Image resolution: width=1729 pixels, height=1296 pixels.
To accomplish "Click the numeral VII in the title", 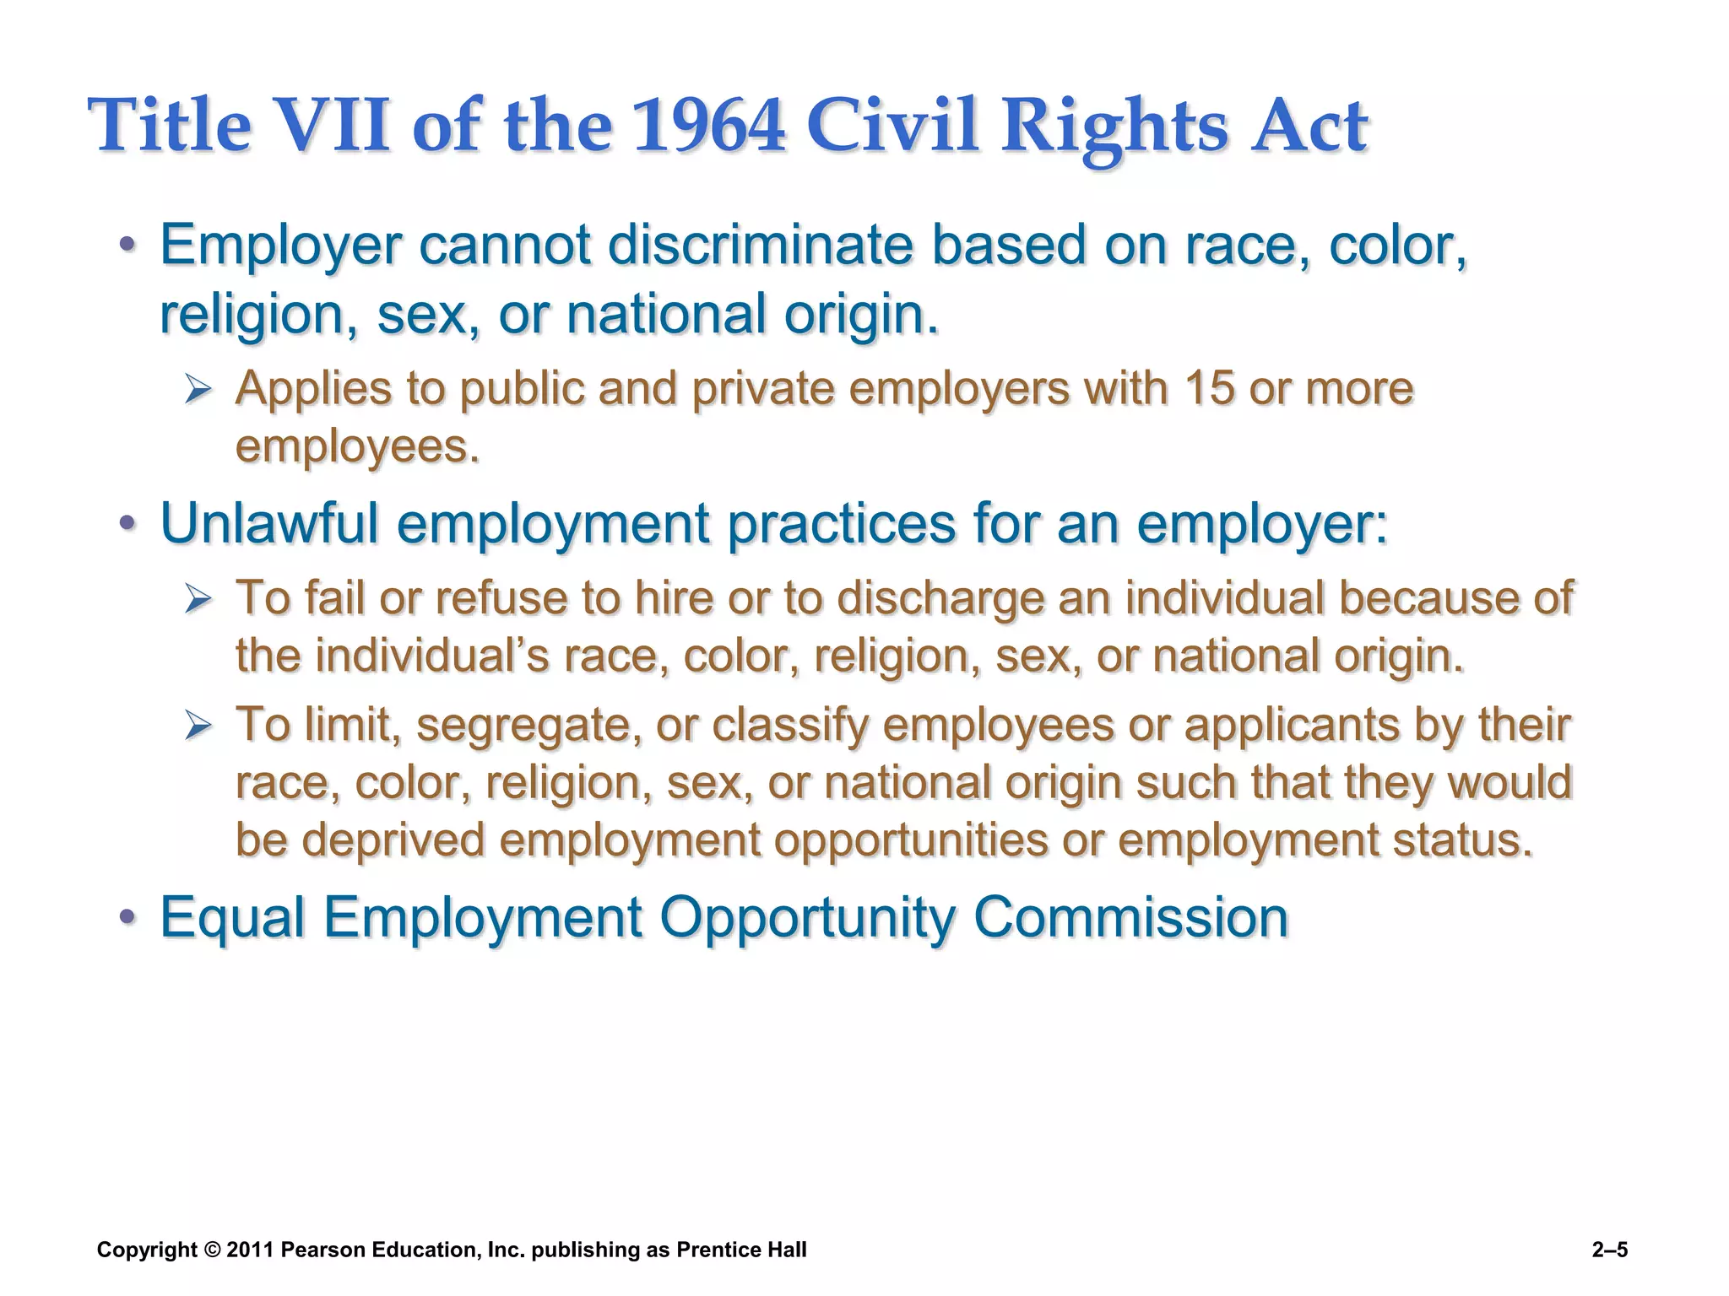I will (x=333, y=127).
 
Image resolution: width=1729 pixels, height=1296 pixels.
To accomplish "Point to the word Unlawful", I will (x=269, y=523).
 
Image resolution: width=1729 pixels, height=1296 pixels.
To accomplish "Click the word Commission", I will (x=1130, y=917).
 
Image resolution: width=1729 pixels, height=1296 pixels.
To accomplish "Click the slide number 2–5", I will (x=1609, y=1250).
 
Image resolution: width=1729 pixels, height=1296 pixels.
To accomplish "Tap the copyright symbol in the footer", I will (x=212, y=1250).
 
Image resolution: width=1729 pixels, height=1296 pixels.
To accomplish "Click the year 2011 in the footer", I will (x=250, y=1250).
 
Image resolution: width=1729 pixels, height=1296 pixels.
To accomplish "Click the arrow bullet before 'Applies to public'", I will (x=198, y=390).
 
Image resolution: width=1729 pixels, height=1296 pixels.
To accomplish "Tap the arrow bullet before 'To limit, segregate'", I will (x=198, y=726).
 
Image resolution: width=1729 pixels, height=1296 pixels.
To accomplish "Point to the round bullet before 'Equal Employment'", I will (x=127, y=917).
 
